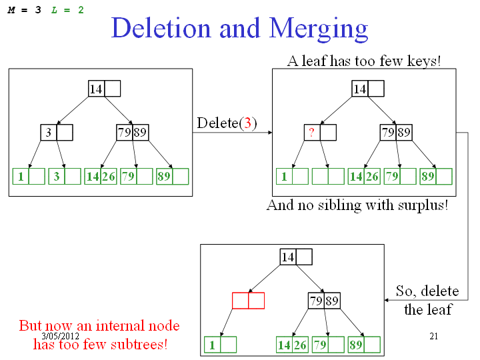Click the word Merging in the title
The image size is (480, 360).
(x=319, y=29)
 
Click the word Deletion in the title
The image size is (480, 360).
(x=161, y=28)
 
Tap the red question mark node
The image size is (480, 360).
(x=311, y=132)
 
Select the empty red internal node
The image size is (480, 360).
(x=248, y=301)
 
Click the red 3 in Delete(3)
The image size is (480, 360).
(x=247, y=123)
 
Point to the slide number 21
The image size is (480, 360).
(x=433, y=336)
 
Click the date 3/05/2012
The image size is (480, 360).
(x=60, y=336)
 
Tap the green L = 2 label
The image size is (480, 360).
(x=67, y=10)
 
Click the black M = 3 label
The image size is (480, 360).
(x=24, y=10)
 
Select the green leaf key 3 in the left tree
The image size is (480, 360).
(x=56, y=177)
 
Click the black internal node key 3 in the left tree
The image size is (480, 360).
(x=49, y=132)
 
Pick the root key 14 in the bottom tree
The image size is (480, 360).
(x=288, y=257)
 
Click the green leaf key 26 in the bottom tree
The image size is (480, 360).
(x=300, y=345)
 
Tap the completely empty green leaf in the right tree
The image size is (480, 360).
(x=328, y=176)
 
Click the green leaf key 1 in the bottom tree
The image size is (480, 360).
(x=212, y=345)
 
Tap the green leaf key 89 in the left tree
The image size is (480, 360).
(x=164, y=176)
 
